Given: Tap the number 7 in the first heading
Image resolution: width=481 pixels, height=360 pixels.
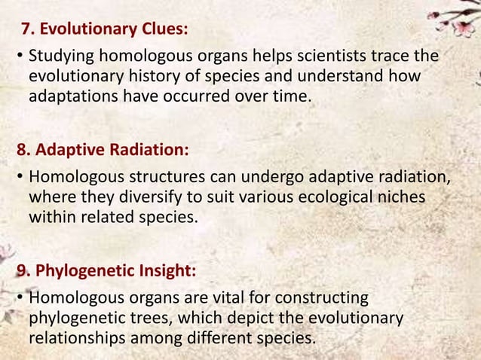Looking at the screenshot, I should (x=27, y=30).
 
